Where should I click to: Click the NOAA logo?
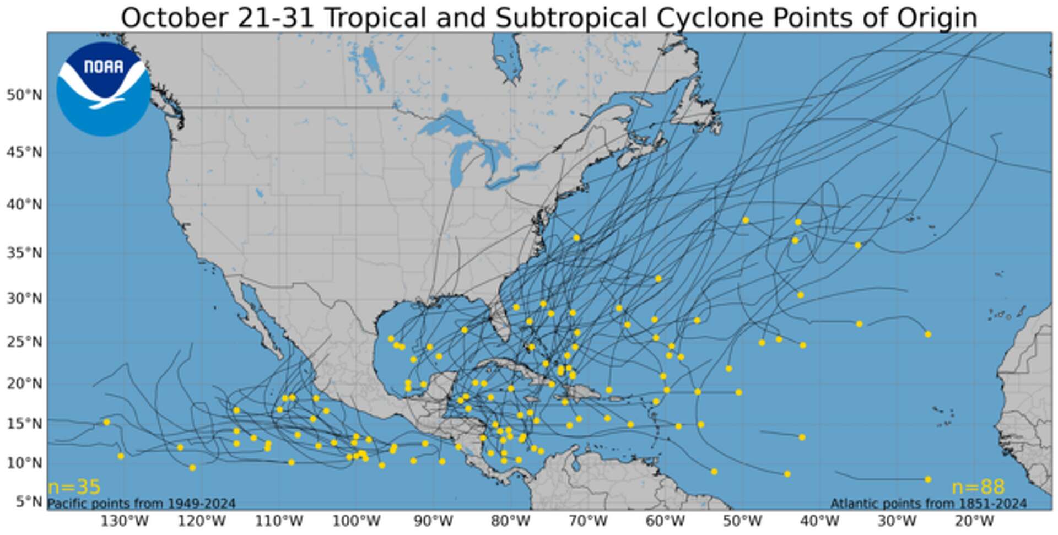[103, 89]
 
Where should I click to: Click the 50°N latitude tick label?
[24, 95]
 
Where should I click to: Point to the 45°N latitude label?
[24, 152]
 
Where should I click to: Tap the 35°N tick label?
[24, 253]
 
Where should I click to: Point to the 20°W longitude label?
[974, 521]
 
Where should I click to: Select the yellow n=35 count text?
[74, 487]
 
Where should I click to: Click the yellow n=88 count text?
[978, 487]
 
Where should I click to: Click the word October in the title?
[174, 18]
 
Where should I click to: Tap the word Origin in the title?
[937, 18]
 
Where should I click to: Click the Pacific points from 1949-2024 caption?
[142, 504]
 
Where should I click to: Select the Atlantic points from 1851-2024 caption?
[929, 504]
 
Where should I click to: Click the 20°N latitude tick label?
[24, 383]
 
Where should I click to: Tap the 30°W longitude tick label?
[897, 521]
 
